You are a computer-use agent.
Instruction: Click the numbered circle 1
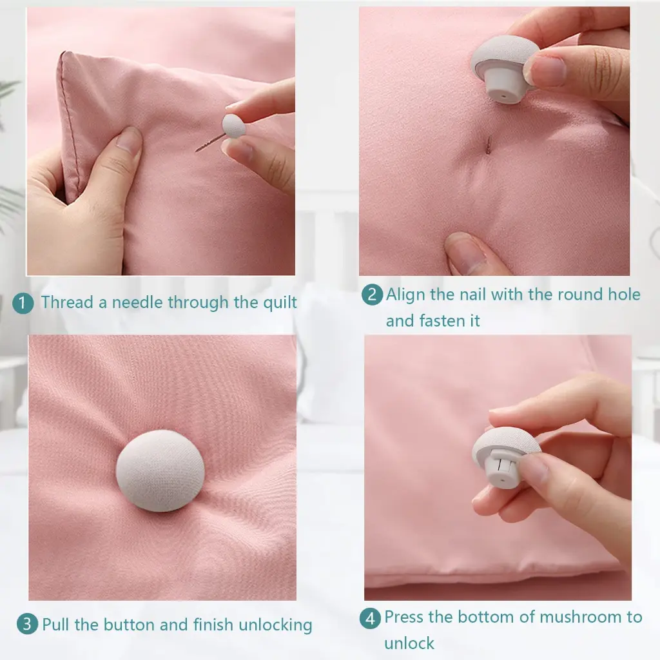tap(23, 303)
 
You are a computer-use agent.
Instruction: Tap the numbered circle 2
tap(372, 295)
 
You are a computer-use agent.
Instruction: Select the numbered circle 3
tap(27, 624)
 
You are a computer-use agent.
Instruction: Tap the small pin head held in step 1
tap(233, 125)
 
